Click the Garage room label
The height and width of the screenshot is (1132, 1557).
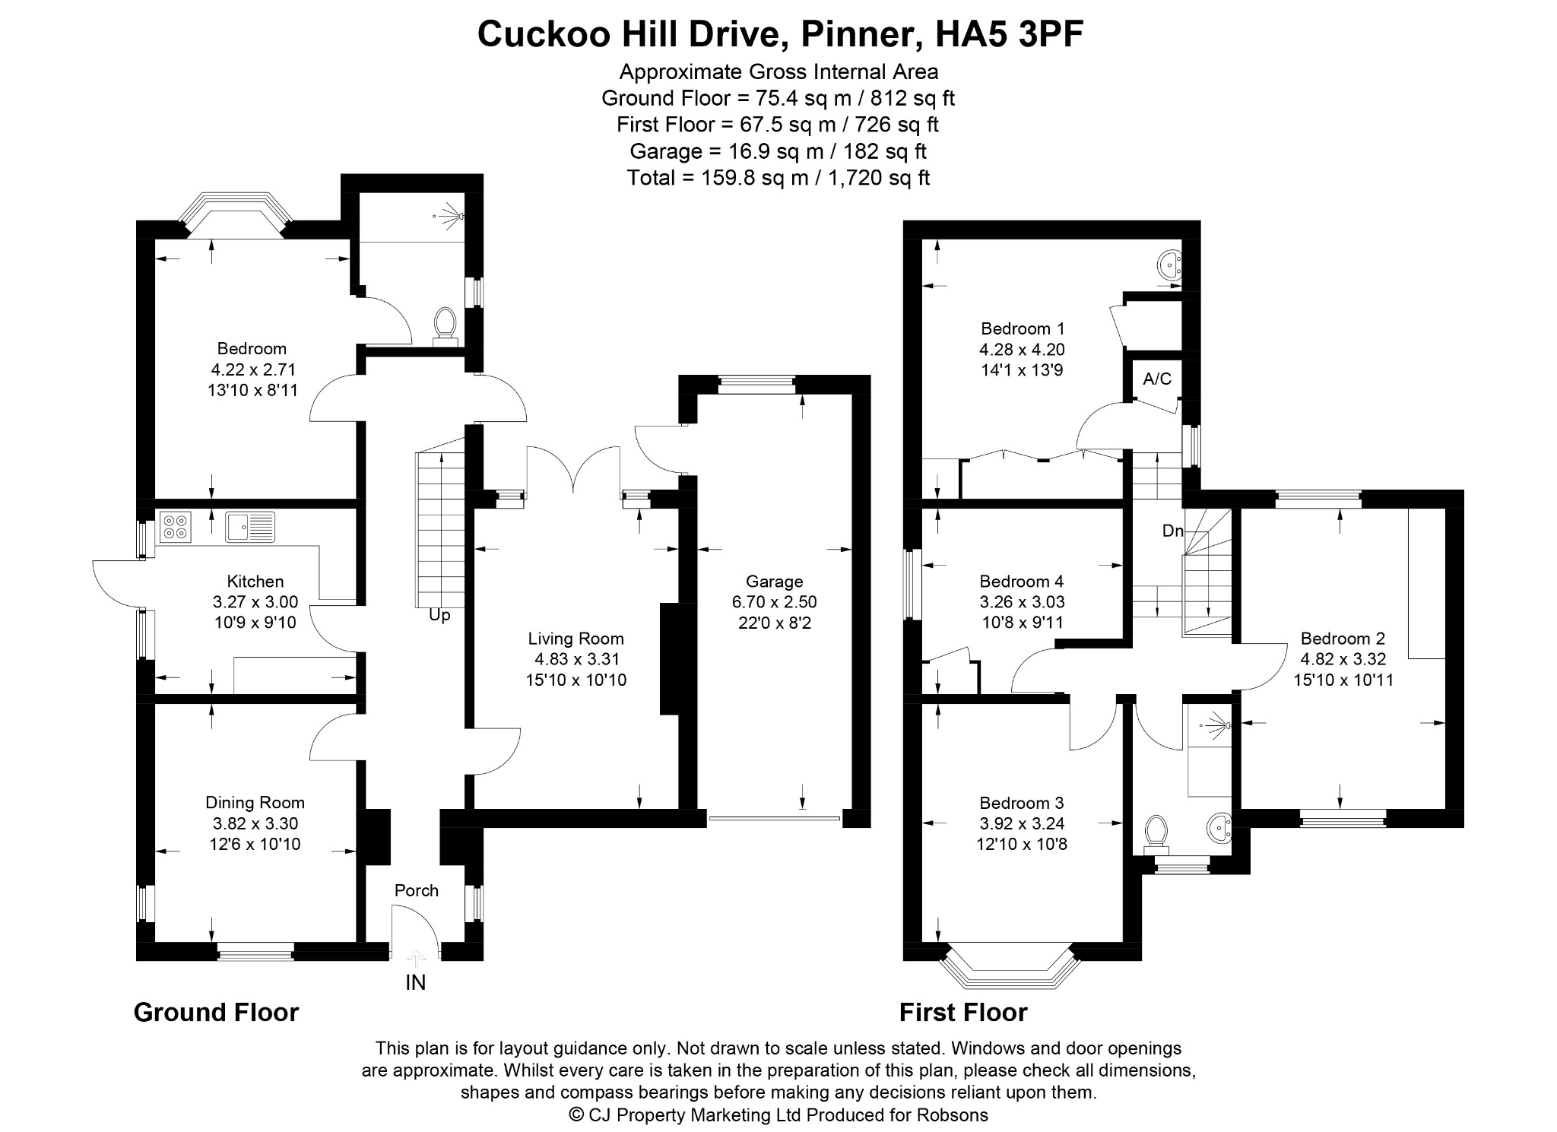(x=774, y=582)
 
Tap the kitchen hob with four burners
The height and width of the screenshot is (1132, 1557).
(x=176, y=527)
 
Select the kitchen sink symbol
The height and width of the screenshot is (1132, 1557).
(x=250, y=527)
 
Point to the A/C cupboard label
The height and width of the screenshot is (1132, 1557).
(x=1157, y=379)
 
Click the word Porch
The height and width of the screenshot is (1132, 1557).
(x=417, y=890)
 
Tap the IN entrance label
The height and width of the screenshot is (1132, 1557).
(x=416, y=983)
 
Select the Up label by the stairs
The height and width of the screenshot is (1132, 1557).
(x=439, y=615)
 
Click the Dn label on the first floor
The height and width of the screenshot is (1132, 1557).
(x=1173, y=531)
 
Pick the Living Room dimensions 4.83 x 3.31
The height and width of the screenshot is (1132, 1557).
(x=576, y=659)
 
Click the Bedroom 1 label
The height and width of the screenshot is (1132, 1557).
(x=1023, y=328)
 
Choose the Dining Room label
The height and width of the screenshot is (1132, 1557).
(x=255, y=802)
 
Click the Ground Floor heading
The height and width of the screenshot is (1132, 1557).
(x=217, y=1012)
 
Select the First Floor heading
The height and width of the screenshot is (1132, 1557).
(x=963, y=1012)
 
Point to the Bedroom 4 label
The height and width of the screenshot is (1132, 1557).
(x=1022, y=582)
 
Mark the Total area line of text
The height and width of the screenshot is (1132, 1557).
(x=778, y=178)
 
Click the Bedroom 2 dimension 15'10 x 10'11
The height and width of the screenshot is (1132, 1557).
(x=1343, y=680)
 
